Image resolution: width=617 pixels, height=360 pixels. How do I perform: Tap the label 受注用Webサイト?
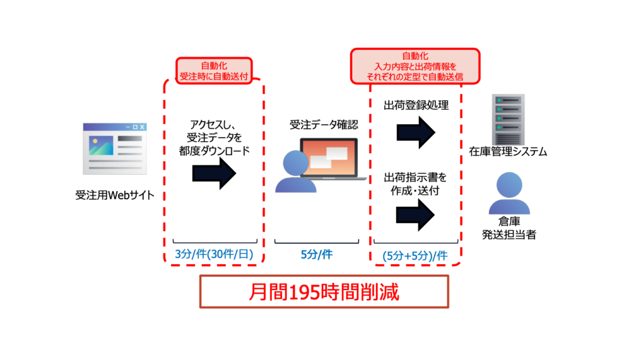pyautogui.click(x=114, y=195)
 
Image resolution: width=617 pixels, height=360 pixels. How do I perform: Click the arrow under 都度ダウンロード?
pyautogui.click(x=215, y=174)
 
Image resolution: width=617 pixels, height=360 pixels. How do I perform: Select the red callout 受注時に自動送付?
pyautogui.click(x=214, y=70)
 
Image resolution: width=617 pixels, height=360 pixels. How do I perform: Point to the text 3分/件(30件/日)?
pyautogui.click(x=214, y=254)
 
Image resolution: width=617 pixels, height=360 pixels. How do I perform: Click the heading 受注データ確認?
pyautogui.click(x=324, y=125)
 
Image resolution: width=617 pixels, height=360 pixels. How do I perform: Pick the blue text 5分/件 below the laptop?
pyautogui.click(x=317, y=254)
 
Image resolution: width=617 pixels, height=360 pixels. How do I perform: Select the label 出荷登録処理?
pyautogui.click(x=416, y=106)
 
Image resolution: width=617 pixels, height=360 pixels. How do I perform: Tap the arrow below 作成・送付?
pyautogui.click(x=416, y=215)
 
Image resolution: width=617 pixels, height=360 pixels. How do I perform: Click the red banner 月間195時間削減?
pyautogui.click(x=324, y=292)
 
